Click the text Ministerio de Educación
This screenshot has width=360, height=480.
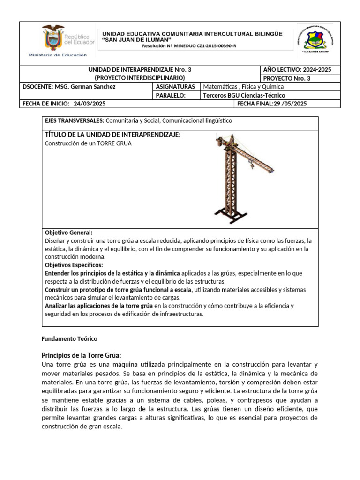(58, 55)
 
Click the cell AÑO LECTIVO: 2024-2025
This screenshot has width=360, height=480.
(297, 69)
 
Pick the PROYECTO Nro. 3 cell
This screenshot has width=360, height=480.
(287, 78)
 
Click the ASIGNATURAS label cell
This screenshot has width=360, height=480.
(175, 87)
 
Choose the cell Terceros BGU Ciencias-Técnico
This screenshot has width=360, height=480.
(244, 95)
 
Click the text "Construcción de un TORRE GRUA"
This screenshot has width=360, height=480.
(88, 143)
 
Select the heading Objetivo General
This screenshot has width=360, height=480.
(68, 232)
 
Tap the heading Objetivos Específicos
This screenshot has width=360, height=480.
(74, 265)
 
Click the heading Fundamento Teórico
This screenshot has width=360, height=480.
(69, 338)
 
